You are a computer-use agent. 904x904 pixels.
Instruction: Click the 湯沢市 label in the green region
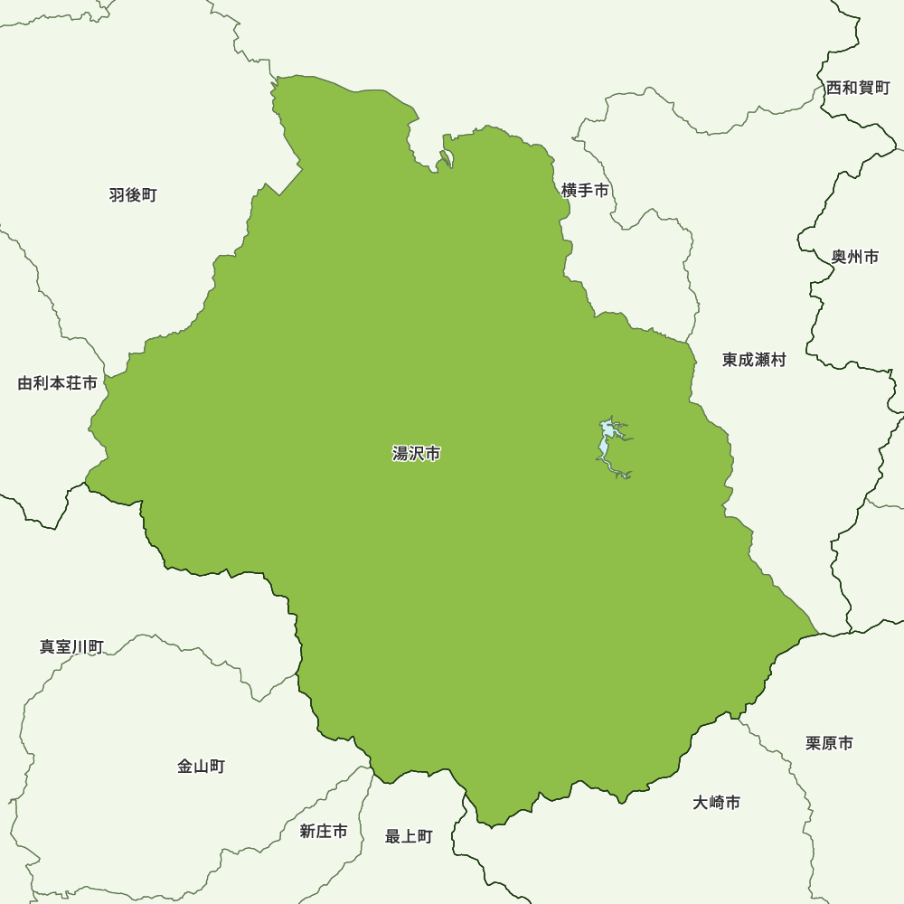(x=416, y=454)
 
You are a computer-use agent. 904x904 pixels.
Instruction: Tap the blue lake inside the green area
(x=604, y=445)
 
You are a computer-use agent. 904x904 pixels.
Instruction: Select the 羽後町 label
(x=133, y=195)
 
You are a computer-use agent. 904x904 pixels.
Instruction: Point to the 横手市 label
(x=585, y=191)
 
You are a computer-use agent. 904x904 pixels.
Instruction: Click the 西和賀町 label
(x=858, y=88)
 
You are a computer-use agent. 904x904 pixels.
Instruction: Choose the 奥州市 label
(x=854, y=257)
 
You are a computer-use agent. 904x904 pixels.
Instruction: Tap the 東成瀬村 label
(x=754, y=360)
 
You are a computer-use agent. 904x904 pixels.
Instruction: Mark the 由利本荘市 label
(x=58, y=383)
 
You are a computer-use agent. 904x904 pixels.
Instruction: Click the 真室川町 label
(x=71, y=647)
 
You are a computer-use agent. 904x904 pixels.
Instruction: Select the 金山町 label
(x=201, y=767)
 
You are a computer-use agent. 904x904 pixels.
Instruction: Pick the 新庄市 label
(x=323, y=832)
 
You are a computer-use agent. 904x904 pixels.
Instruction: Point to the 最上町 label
(x=409, y=837)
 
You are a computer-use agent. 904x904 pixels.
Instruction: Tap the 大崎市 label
(x=717, y=803)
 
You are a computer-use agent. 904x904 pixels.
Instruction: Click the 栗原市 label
(x=829, y=743)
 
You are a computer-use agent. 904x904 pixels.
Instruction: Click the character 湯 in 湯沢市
(x=400, y=454)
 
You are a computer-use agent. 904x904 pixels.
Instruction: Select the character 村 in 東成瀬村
(x=778, y=360)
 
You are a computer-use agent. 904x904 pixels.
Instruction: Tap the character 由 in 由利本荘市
(x=25, y=383)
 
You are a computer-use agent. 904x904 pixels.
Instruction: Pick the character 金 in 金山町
(x=185, y=767)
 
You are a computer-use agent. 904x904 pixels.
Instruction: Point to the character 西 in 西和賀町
(x=833, y=88)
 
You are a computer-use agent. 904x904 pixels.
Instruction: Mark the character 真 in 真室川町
(x=47, y=647)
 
